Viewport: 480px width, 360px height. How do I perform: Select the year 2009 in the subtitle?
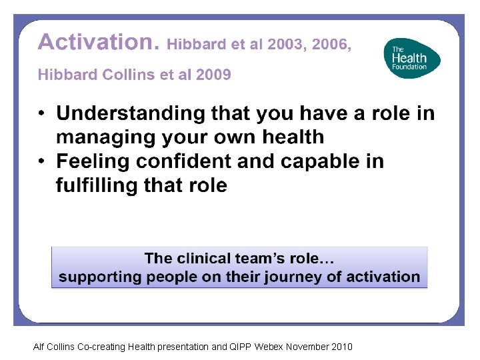click(x=213, y=75)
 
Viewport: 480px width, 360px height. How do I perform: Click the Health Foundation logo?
click(x=412, y=58)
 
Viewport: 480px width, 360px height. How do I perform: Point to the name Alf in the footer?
click(x=39, y=347)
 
